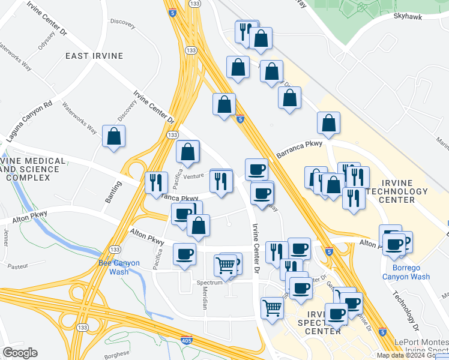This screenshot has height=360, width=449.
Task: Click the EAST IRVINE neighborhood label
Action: pyautogui.click(x=95, y=56)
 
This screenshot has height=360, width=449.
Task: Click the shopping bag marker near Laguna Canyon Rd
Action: pyautogui.click(x=114, y=137)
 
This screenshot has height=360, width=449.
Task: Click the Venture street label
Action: pyautogui.click(x=194, y=176)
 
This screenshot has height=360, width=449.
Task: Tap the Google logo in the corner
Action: pyautogui.click(x=20, y=353)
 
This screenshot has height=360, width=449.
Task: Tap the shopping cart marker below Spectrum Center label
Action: pyautogui.click(x=272, y=308)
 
